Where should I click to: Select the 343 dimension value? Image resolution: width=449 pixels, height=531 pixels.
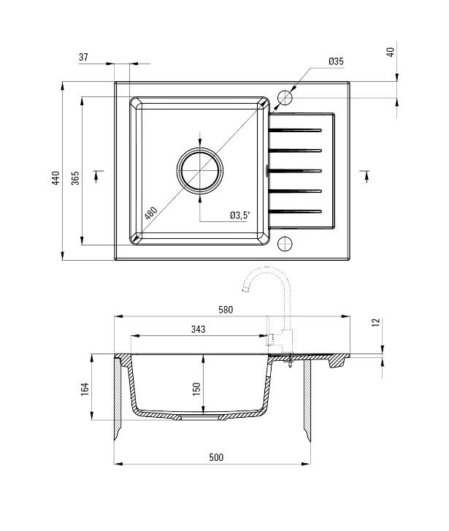point(197,329)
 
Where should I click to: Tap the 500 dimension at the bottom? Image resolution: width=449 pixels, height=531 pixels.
point(215,457)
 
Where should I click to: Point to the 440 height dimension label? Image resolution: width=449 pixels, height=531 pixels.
point(55,178)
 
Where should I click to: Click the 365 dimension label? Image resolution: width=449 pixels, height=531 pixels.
point(74,178)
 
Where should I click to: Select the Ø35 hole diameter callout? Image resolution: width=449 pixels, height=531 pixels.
point(335,63)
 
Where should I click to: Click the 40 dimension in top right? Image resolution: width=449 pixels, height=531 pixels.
point(390,52)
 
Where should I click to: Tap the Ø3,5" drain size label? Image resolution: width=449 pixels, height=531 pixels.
point(239,215)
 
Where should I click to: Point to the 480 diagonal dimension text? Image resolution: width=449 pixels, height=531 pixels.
point(150,214)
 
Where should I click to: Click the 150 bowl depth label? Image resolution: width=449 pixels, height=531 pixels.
point(196,389)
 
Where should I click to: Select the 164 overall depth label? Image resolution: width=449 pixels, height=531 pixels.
point(85,389)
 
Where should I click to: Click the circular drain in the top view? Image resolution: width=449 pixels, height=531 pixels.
point(199,170)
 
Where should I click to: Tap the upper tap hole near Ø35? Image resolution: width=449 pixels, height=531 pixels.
point(285,97)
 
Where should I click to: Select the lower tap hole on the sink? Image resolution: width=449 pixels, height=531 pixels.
point(285,243)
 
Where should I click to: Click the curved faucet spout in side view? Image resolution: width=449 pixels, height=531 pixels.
point(260,275)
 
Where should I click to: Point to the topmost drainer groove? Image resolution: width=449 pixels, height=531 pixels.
point(296,130)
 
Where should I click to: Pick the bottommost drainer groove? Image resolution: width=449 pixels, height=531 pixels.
point(296,211)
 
